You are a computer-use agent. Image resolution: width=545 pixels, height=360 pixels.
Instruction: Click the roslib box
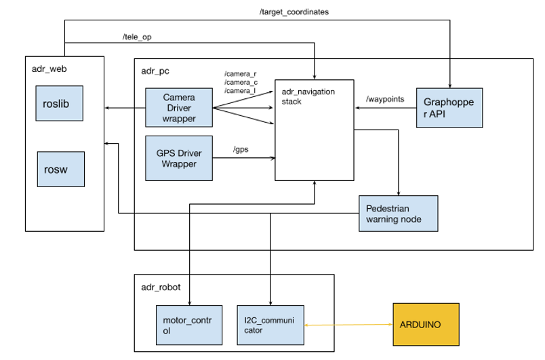(60, 106)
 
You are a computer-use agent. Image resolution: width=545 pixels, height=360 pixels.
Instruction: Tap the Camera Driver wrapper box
(179, 108)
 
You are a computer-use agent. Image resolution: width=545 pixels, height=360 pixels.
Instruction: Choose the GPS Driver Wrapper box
(179, 158)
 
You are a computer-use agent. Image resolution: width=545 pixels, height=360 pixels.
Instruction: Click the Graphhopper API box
(449, 108)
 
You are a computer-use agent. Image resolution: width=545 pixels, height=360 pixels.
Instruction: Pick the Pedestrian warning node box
(397, 214)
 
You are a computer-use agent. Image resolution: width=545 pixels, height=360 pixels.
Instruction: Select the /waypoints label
(385, 100)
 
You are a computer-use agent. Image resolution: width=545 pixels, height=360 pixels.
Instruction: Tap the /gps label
(240, 148)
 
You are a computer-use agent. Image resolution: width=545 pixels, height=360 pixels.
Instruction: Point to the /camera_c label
(241, 82)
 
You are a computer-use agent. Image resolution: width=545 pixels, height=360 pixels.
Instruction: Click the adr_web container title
(49, 69)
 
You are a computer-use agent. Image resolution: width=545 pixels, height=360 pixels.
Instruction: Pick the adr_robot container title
(160, 287)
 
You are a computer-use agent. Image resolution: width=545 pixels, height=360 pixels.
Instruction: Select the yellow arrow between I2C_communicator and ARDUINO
(348, 325)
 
